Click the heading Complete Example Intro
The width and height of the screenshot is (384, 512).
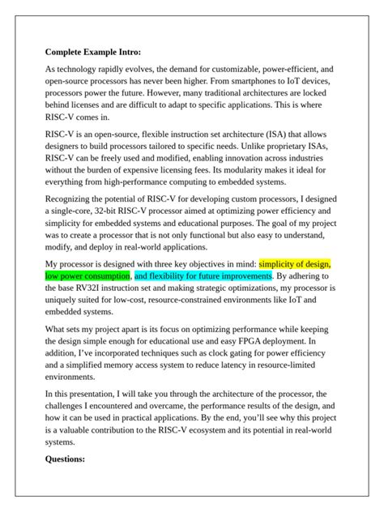pos(92,53)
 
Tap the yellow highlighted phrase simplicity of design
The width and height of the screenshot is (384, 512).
pos(295,263)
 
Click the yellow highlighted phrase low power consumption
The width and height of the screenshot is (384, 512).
pos(87,276)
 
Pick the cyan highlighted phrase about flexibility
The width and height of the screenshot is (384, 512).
pos(203,276)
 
